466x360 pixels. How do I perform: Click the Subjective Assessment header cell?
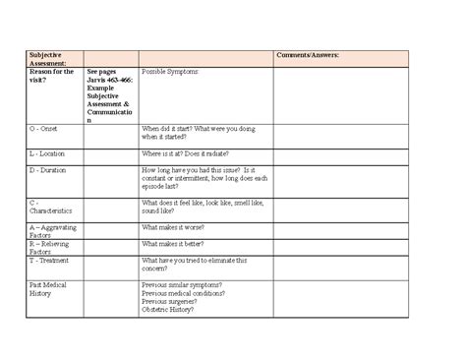point(50,58)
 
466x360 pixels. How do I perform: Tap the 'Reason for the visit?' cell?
point(52,76)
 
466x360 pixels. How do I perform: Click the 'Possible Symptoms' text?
point(171,72)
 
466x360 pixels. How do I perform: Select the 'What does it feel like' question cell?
point(202,206)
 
